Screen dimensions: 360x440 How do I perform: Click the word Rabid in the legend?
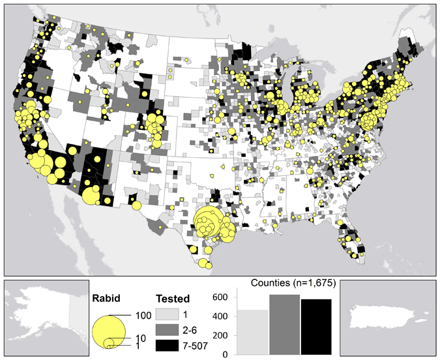[x=107, y=299]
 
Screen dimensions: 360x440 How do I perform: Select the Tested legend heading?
[x=172, y=299]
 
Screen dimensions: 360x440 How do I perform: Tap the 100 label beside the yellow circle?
[x=143, y=315]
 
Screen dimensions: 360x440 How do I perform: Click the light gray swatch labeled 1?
[x=162, y=314]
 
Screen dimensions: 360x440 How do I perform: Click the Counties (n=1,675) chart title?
[x=292, y=282]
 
